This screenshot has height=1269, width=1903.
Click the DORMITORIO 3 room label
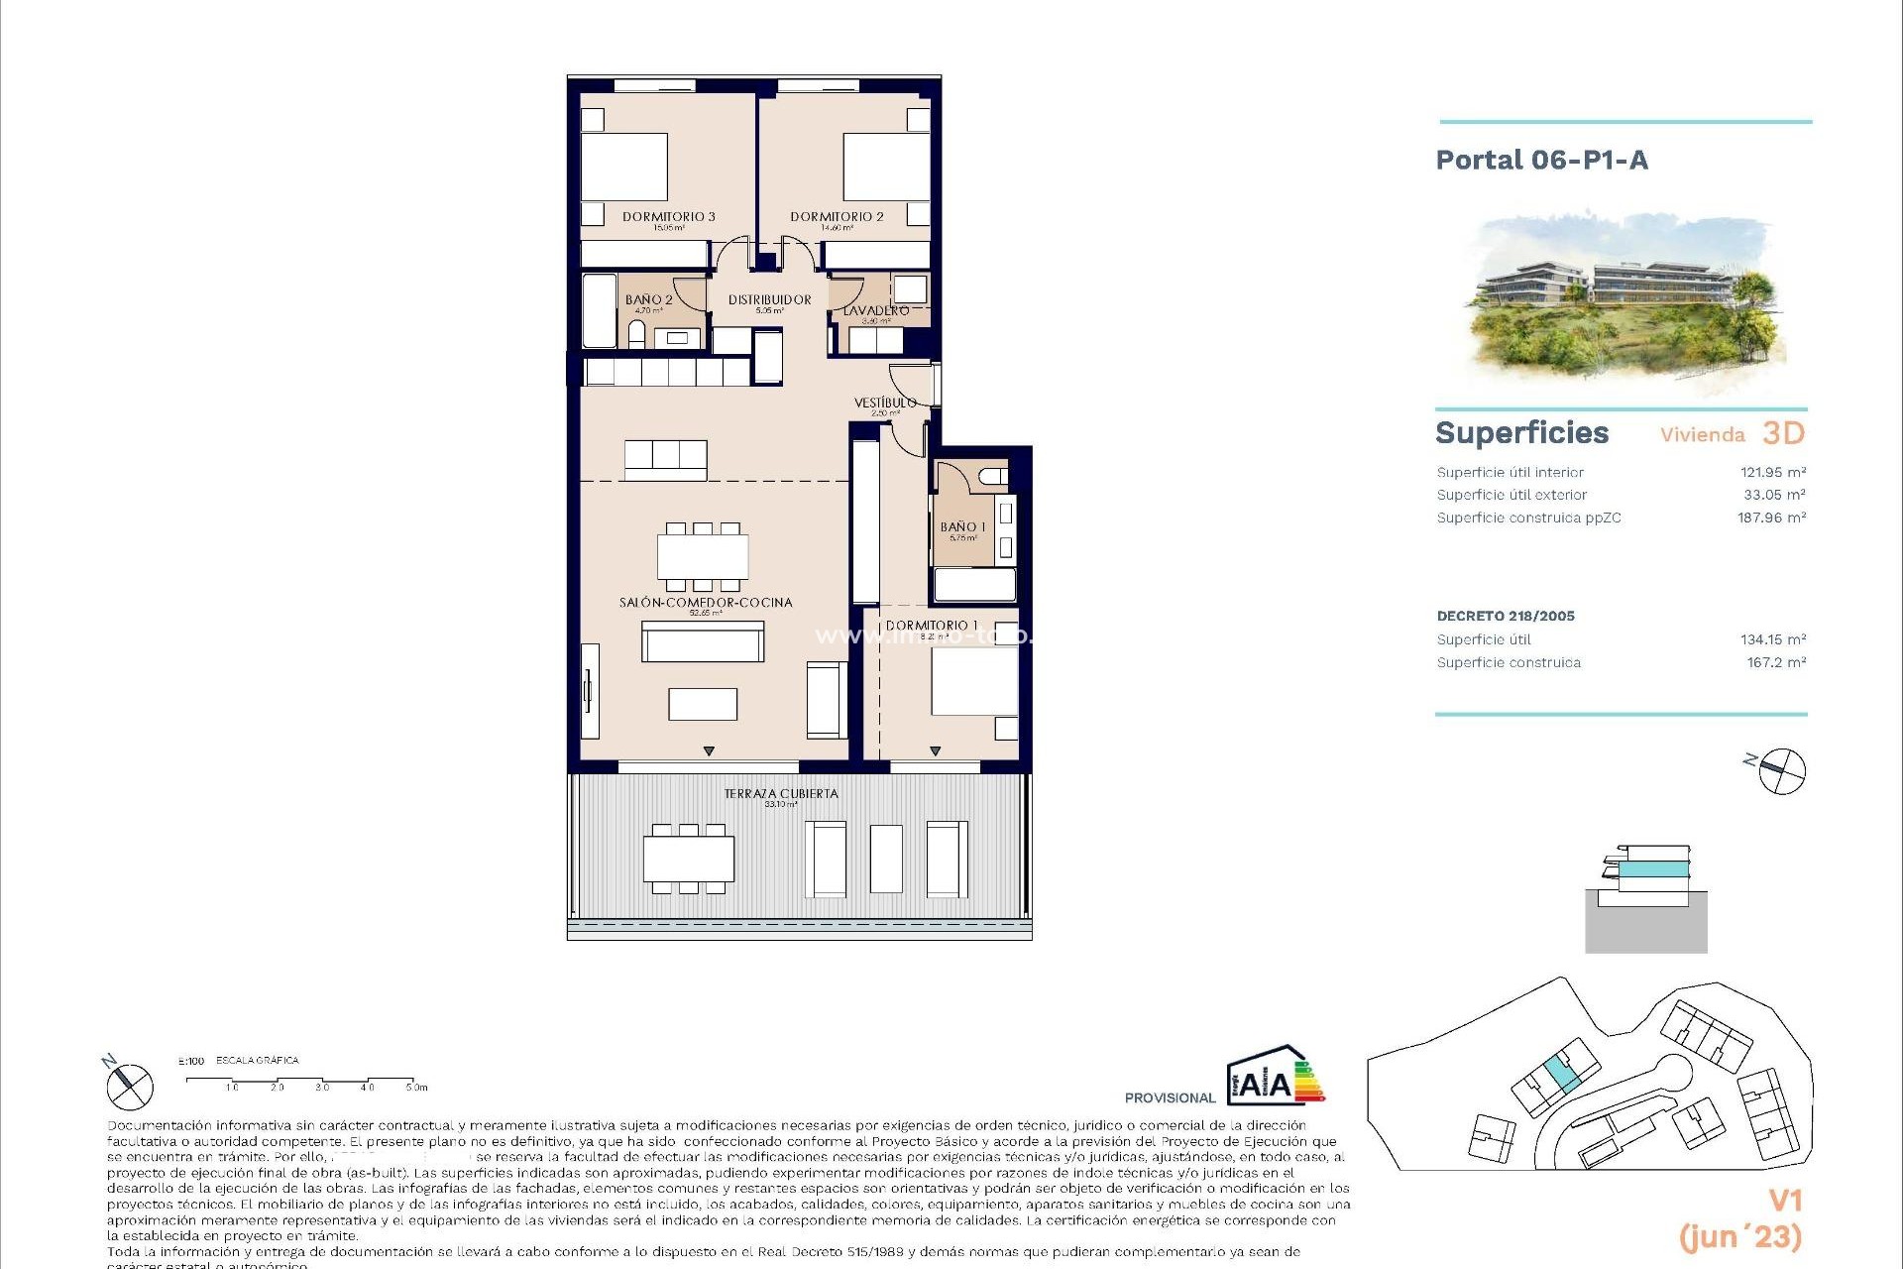[x=668, y=217]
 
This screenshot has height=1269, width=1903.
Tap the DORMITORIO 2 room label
[x=837, y=217]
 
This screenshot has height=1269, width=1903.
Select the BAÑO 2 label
[x=648, y=299]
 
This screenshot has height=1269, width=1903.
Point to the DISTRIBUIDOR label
[x=769, y=299]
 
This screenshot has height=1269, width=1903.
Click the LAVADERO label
[x=875, y=311]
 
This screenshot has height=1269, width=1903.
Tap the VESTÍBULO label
[x=884, y=403]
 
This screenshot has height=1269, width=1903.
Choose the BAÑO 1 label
[x=962, y=527]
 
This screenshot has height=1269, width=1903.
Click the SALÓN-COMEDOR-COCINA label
[x=706, y=602]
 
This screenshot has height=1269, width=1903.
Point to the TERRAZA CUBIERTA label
[x=781, y=793]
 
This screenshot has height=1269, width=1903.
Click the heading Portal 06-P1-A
[x=1541, y=161]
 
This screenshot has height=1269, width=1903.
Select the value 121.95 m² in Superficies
[x=1772, y=473]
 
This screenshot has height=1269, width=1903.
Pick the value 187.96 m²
[x=1771, y=518]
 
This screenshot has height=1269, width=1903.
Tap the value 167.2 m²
[x=1775, y=662]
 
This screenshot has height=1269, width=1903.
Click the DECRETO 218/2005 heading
[x=1505, y=616]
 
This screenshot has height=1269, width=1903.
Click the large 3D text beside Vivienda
[x=1783, y=433]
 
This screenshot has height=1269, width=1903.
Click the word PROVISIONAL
[x=1170, y=1097]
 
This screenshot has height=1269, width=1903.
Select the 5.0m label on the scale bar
[x=416, y=1088]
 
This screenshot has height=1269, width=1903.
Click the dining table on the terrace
[x=689, y=858]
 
